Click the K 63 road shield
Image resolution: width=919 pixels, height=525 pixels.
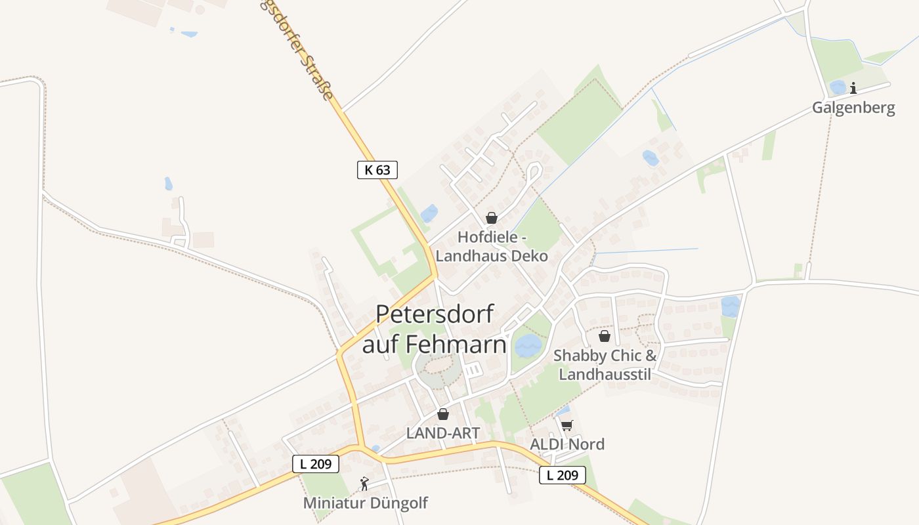coord(377,169)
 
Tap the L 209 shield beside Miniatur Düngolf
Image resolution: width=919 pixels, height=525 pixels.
coord(315,464)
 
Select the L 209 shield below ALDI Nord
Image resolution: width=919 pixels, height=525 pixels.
coord(562,475)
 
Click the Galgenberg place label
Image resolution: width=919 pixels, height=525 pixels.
coord(853,108)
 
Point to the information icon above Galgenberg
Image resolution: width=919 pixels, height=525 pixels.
coord(853,88)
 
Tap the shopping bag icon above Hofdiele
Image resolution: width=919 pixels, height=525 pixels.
coord(491,218)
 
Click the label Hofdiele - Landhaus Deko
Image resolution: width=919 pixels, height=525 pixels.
coord(492,247)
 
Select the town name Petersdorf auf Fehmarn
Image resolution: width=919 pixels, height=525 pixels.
coord(435,329)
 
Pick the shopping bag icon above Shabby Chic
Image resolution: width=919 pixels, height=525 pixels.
coord(604,336)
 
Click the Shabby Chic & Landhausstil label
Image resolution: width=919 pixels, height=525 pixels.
coord(605,365)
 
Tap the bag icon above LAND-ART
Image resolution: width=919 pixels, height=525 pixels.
coord(443,414)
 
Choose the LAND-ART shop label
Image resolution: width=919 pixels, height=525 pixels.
coord(443,433)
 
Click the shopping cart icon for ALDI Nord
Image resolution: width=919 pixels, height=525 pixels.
coord(567,425)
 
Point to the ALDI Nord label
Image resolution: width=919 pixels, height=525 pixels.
coord(567,444)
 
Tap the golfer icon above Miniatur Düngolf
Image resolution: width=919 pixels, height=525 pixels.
coord(364,484)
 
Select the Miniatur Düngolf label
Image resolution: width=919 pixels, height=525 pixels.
coord(365,503)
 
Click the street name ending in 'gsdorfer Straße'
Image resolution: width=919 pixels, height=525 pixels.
coord(303,50)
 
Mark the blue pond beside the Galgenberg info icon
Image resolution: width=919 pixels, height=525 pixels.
coord(838,87)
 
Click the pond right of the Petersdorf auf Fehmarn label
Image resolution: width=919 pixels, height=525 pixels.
coord(528,345)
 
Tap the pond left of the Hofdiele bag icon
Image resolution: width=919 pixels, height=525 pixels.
coord(429,213)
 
